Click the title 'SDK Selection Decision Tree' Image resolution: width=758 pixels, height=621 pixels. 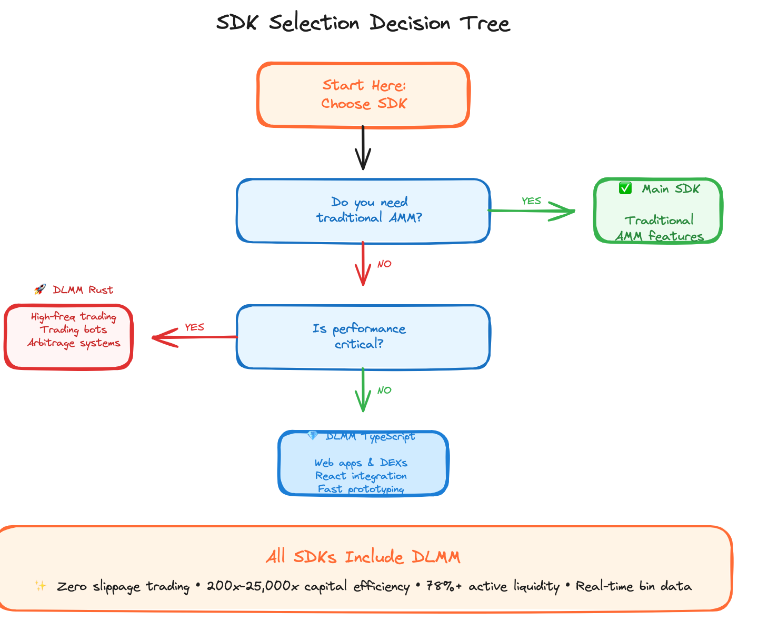tap(363, 24)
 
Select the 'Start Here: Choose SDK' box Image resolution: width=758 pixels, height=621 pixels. tap(363, 95)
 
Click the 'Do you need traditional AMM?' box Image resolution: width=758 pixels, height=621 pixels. tap(363, 211)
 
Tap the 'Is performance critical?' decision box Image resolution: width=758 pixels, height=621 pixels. tap(363, 337)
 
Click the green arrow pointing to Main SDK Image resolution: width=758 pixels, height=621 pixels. tap(532, 211)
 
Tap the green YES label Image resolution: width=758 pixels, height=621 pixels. tap(531, 201)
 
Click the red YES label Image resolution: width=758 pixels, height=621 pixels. tap(194, 327)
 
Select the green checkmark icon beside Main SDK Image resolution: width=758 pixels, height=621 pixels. tap(625, 188)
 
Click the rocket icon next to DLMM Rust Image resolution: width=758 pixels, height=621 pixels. tap(40, 289)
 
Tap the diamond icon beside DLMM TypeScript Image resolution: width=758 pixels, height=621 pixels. tap(313, 436)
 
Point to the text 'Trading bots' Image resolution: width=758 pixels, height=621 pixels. tap(73, 330)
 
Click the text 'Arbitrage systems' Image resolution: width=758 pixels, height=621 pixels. tap(74, 343)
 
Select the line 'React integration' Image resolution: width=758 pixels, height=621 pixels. tap(361, 476)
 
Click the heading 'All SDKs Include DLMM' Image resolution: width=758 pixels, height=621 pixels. tap(363, 557)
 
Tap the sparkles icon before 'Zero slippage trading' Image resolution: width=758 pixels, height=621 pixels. tap(41, 586)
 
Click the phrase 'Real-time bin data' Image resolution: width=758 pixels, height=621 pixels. tap(634, 586)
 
